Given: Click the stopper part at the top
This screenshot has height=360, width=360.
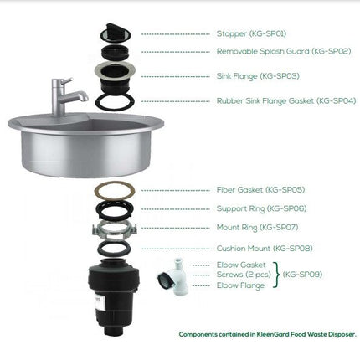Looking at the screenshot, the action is click(115, 33).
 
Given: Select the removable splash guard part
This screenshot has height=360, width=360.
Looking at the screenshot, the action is click(115, 51).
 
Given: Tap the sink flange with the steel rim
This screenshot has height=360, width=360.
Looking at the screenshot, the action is click(116, 76).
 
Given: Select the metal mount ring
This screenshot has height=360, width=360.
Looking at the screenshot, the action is click(115, 229).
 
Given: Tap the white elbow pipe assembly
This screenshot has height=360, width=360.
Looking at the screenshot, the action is click(174, 278).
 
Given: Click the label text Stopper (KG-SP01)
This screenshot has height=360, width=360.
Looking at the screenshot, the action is click(251, 33).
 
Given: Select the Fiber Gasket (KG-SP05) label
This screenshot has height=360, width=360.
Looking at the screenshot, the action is click(260, 190).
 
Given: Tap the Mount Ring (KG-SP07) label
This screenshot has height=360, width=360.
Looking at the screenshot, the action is click(257, 228).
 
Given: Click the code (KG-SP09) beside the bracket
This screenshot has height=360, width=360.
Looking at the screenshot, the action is click(302, 275).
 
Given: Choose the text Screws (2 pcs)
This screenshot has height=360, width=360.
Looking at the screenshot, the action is click(244, 275).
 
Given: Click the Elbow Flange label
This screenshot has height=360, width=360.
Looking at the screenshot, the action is click(240, 285).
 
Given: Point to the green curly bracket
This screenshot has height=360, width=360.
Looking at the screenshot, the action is click(276, 275).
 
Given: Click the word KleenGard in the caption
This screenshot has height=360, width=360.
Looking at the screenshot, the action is click(273, 334).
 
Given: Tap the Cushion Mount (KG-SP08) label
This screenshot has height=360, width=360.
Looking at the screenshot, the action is click(265, 249).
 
